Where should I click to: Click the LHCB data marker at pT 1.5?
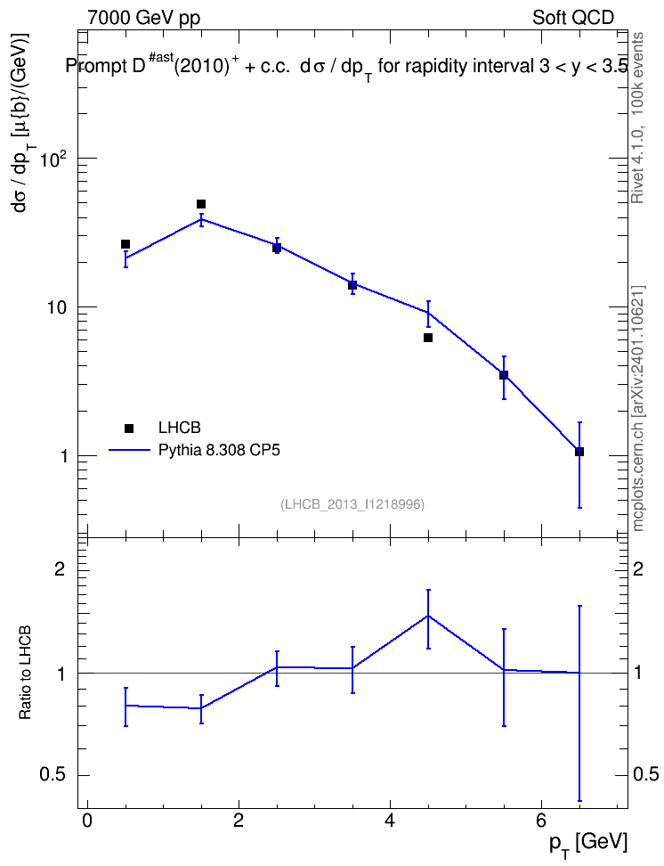click(x=201, y=204)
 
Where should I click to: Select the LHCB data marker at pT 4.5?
click(x=428, y=338)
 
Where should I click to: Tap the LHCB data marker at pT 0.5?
click(x=126, y=244)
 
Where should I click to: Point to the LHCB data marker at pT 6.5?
click(x=579, y=452)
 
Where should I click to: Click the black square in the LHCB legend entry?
click(x=129, y=428)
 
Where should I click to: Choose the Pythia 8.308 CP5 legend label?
click(x=219, y=450)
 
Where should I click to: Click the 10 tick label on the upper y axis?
click(x=56, y=307)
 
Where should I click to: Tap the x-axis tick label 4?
click(x=390, y=821)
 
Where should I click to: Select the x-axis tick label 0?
click(x=86, y=821)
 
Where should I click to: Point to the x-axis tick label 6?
click(x=541, y=821)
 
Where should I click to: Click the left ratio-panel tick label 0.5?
click(x=53, y=775)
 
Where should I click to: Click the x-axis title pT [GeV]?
click(x=588, y=845)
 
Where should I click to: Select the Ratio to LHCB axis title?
click(x=25, y=672)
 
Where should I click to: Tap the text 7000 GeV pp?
click(x=143, y=18)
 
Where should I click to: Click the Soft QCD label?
click(x=573, y=18)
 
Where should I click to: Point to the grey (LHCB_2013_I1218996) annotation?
click(x=352, y=504)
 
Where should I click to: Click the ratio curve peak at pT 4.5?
click(x=428, y=616)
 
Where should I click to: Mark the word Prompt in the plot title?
click(x=96, y=67)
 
